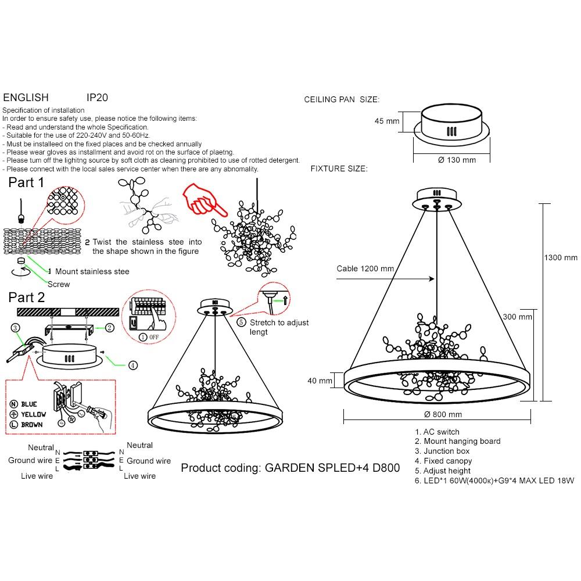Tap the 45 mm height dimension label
click(x=387, y=121)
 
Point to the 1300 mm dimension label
click(x=560, y=257)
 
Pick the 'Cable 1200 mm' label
click(x=365, y=268)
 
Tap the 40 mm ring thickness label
click(x=321, y=381)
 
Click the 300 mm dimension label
click(x=517, y=317)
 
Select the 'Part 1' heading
click(x=26, y=182)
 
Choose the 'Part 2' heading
click(x=27, y=297)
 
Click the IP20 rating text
click(x=97, y=98)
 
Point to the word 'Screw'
click(x=59, y=284)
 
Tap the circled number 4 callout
click(x=133, y=365)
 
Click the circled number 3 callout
click(x=15, y=328)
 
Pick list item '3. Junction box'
click(x=442, y=451)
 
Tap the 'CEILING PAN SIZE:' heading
click(x=342, y=100)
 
